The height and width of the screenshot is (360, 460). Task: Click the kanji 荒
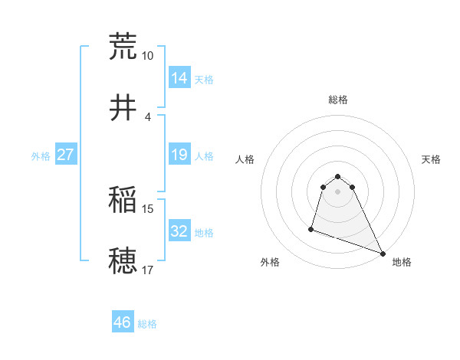tap(123, 45)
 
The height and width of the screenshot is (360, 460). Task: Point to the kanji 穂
tap(123, 260)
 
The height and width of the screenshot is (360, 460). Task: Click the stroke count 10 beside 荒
tap(148, 56)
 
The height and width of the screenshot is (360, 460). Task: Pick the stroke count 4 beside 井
tap(147, 117)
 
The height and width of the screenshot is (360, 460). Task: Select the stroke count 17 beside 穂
tap(148, 270)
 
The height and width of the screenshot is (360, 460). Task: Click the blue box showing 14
tap(179, 78)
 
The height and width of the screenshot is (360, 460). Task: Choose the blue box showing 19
tap(179, 155)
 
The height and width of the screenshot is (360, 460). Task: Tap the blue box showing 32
tap(179, 231)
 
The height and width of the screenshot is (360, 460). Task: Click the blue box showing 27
tap(66, 155)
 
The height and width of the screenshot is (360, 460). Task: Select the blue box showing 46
tap(123, 322)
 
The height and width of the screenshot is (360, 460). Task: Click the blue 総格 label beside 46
tap(147, 324)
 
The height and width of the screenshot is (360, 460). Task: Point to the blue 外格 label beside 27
tap(41, 156)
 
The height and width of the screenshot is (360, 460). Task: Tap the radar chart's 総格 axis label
tap(338, 100)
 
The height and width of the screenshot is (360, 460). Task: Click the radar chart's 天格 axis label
tap(431, 159)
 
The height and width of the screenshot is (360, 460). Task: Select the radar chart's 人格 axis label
tap(245, 159)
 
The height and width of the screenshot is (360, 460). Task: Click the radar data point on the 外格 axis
tap(311, 228)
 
